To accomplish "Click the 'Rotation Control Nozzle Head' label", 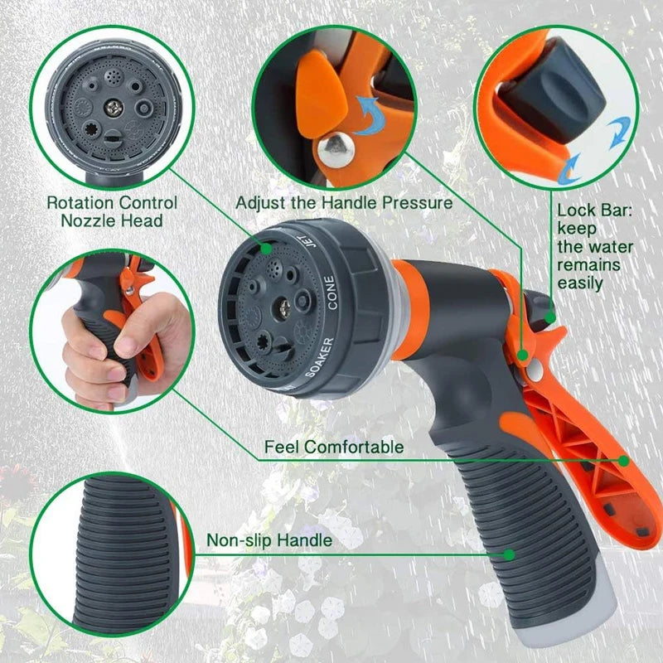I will (112, 211).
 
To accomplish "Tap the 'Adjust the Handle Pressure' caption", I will (344, 202).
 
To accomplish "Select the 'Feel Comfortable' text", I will (334, 448).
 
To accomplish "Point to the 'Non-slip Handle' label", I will (269, 540).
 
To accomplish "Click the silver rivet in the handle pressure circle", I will (337, 148).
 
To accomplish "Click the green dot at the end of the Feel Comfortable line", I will (622, 459).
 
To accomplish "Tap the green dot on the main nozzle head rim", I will (267, 247).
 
